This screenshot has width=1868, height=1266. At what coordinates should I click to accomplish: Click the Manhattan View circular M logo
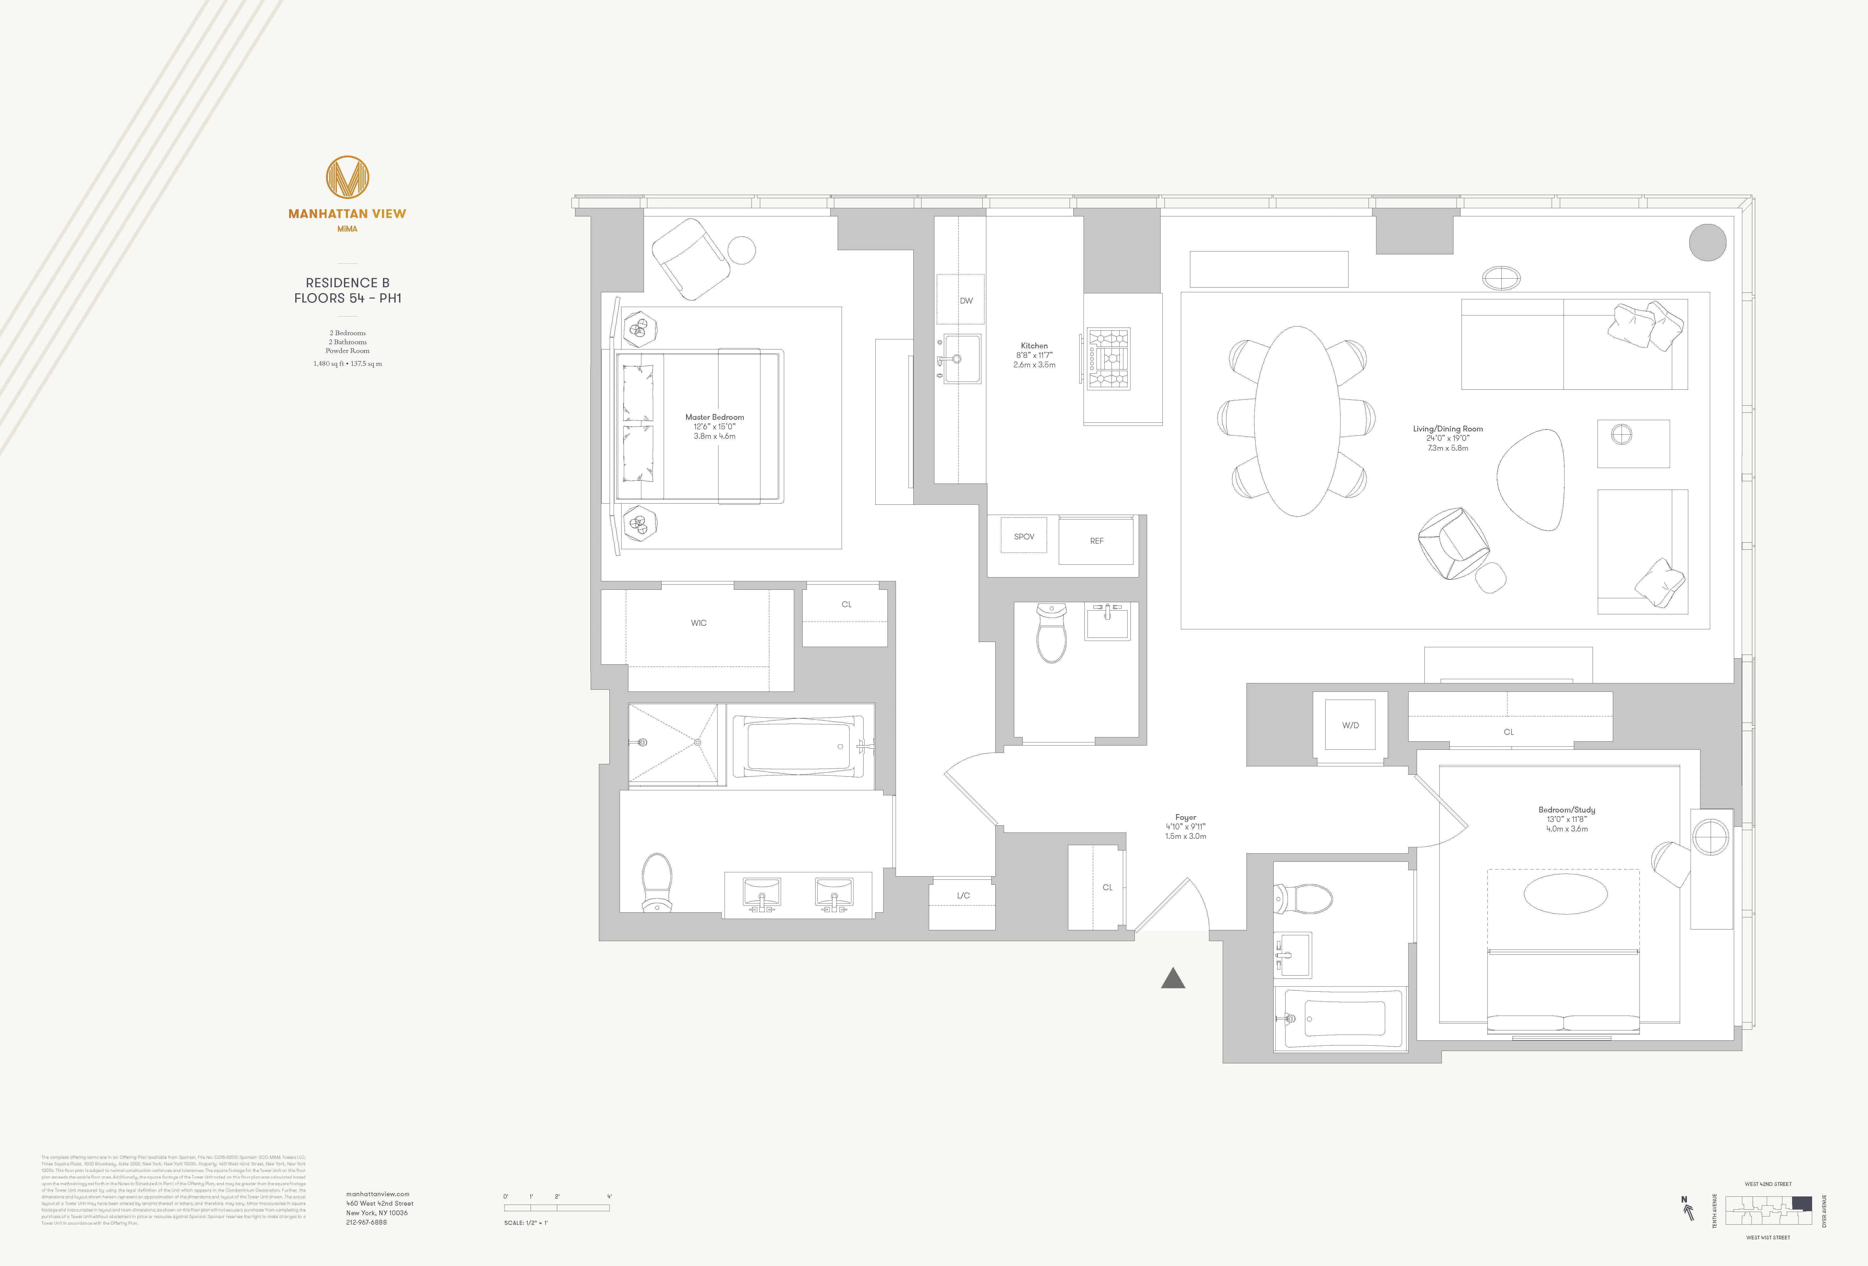tap(347, 177)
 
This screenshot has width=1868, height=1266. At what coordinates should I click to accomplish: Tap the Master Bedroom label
tap(715, 417)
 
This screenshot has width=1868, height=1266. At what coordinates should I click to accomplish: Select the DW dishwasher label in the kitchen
tap(966, 301)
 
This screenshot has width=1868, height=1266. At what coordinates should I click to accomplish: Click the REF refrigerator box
tap(1096, 541)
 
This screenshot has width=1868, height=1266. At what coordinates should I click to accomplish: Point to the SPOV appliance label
tap(1024, 536)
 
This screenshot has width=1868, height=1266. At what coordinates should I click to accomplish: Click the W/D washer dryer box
tap(1350, 725)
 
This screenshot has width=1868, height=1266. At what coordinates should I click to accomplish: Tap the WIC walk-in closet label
tap(698, 623)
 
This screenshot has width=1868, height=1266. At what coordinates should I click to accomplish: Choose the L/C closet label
tap(963, 895)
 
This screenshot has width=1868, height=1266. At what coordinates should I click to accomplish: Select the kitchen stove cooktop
tap(1108, 358)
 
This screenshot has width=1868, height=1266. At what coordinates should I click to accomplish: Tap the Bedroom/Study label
tap(1566, 810)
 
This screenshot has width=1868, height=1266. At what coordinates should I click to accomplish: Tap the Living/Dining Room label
tap(1448, 429)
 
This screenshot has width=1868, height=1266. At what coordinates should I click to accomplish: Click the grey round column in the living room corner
tap(1707, 242)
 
